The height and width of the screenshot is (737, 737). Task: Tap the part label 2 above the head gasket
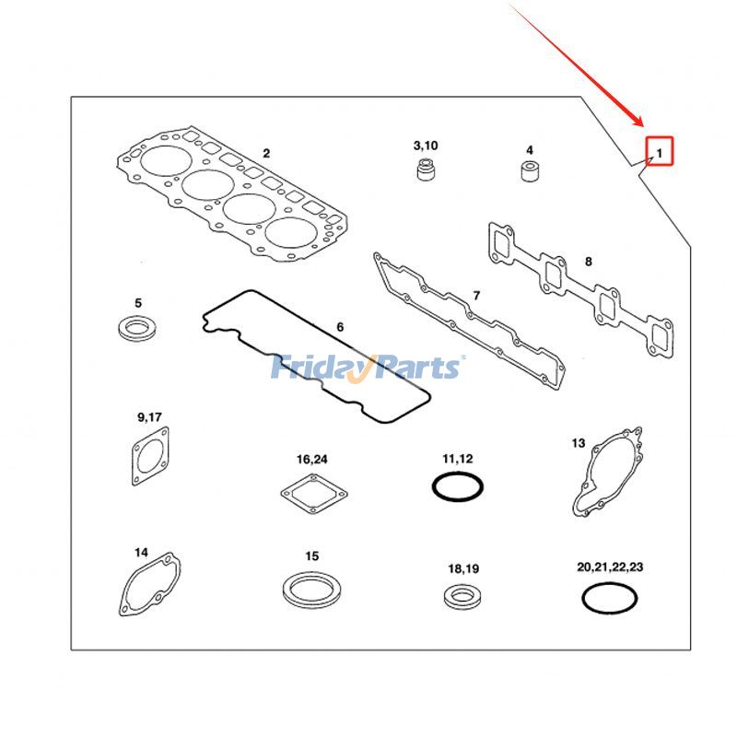(x=266, y=153)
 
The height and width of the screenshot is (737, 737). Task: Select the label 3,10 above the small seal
(x=426, y=146)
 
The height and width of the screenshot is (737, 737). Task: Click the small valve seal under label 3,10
(x=425, y=171)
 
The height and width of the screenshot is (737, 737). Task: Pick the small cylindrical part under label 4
(x=530, y=171)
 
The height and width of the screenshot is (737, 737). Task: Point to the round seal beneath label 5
(x=138, y=326)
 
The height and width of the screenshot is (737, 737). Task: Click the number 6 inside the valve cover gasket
(x=339, y=327)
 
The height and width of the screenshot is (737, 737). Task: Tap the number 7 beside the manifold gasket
(x=476, y=296)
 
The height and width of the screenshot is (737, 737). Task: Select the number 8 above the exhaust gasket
(x=589, y=262)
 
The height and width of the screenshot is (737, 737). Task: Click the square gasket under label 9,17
(x=147, y=459)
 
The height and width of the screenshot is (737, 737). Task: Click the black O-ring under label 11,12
(x=458, y=485)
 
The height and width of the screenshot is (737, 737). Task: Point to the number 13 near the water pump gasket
(x=579, y=443)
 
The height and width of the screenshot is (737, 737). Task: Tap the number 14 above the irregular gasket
(x=141, y=553)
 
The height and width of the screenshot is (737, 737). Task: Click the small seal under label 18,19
(x=462, y=596)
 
